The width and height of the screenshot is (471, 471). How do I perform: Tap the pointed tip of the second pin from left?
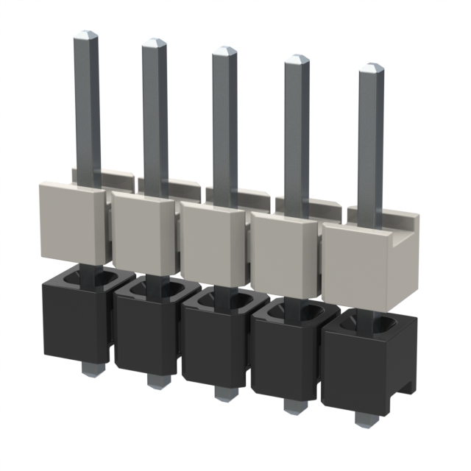[x=155, y=43]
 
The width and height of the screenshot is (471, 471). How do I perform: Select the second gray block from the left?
[x=141, y=232]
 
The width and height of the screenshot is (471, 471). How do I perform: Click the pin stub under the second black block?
[x=155, y=380]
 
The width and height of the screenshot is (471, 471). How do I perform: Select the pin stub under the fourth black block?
[x=291, y=406]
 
